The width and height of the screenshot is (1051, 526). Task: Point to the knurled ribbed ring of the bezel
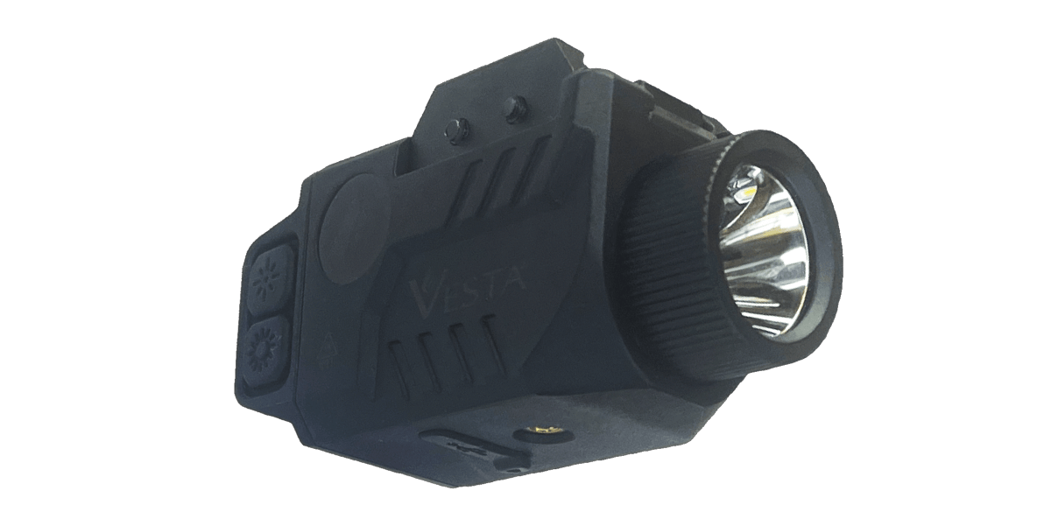click(666, 263)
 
